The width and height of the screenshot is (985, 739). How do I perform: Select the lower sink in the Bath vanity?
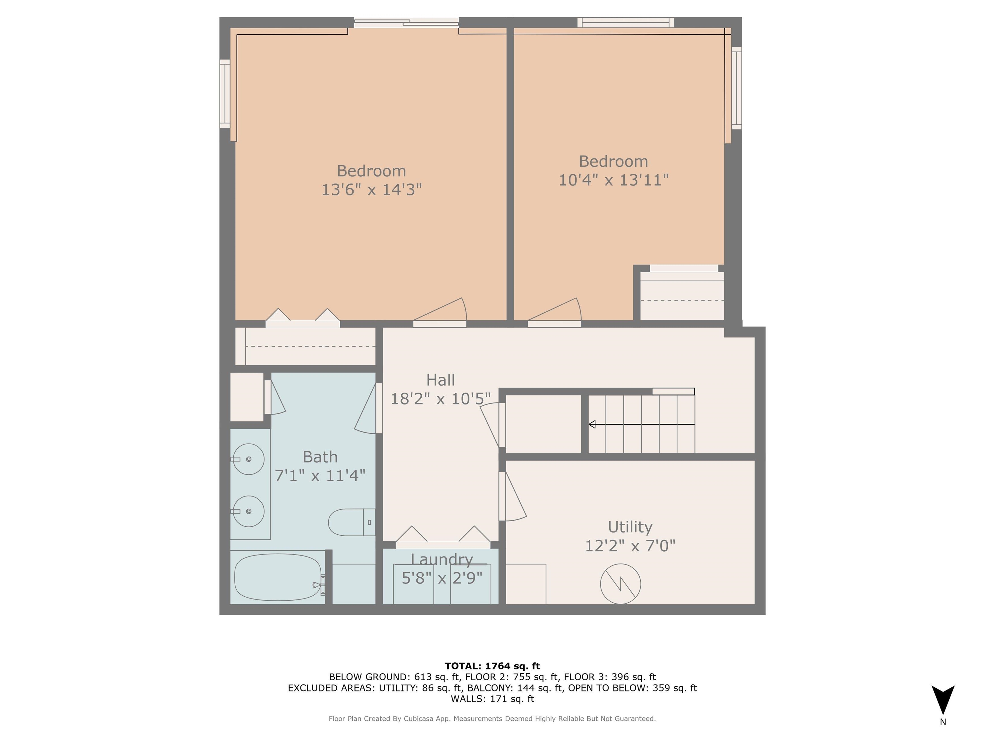248,511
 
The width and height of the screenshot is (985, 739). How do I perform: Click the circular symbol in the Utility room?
620,584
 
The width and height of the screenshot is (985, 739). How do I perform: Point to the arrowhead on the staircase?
592,425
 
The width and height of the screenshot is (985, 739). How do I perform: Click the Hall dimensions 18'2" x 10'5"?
441,399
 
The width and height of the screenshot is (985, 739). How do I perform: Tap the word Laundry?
442,559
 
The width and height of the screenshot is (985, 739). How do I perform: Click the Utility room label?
630,527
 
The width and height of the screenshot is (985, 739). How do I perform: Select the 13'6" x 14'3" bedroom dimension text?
371,190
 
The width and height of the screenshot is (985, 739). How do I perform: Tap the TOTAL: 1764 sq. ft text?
492,666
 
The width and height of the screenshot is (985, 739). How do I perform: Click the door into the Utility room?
513,497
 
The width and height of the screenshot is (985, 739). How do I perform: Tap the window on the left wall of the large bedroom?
225,94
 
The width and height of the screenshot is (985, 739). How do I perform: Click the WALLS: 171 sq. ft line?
492,699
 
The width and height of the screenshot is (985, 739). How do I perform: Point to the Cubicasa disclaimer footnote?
492,718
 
